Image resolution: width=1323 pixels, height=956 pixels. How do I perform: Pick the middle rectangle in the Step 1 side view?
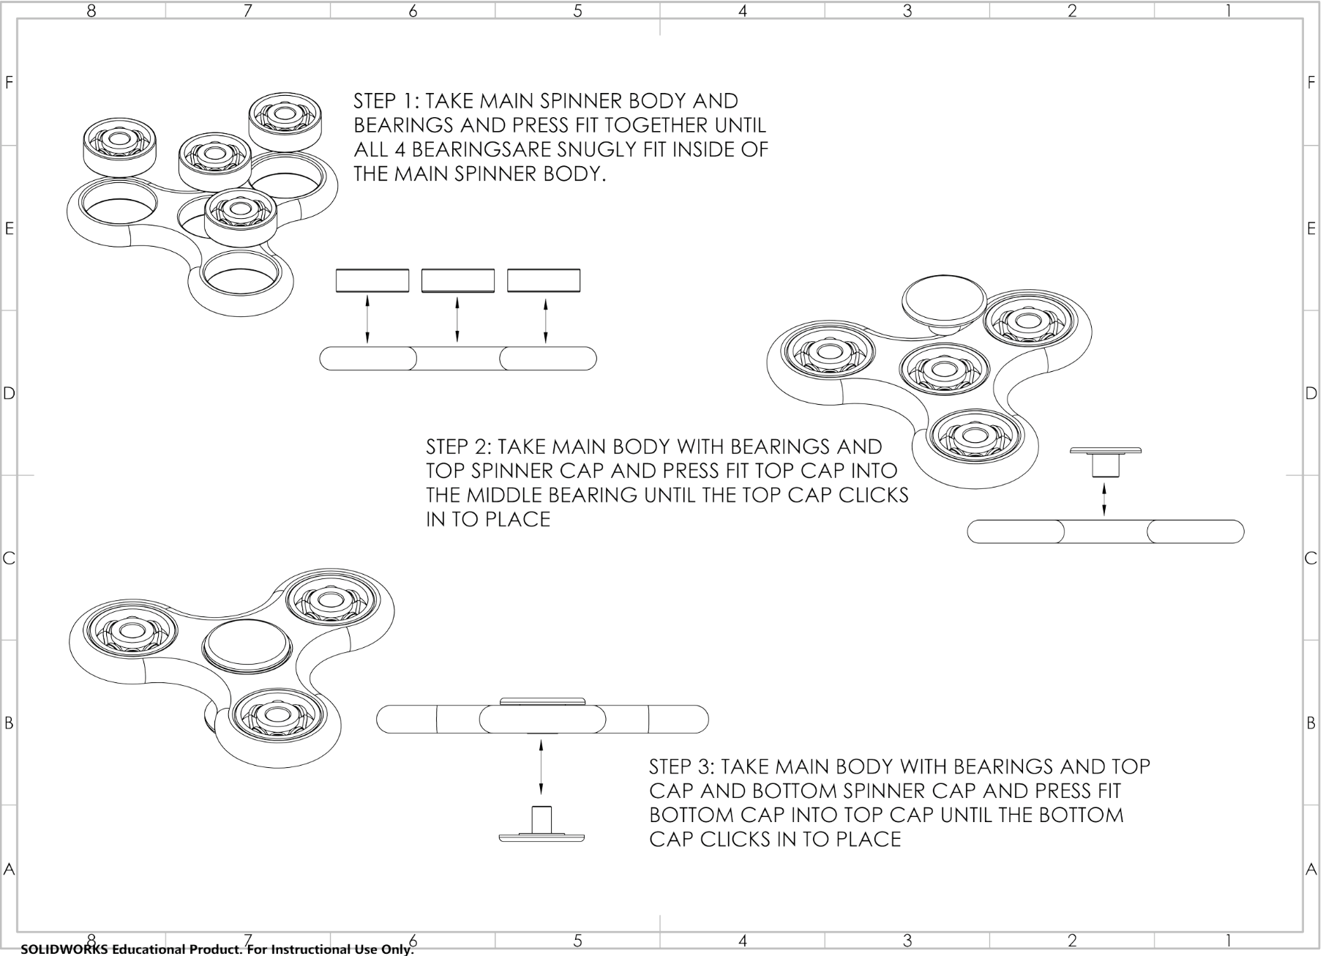[458, 280]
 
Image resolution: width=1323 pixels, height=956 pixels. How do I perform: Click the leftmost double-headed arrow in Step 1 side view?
[367, 318]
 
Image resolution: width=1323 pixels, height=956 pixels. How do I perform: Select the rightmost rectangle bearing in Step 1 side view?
[544, 280]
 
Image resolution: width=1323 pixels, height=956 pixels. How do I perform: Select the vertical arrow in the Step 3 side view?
[541, 766]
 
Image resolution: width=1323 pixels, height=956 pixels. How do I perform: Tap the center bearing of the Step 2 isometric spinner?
[940, 370]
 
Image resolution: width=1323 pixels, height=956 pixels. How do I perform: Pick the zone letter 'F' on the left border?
[10, 83]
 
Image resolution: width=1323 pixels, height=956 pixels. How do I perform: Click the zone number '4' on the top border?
[742, 11]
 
